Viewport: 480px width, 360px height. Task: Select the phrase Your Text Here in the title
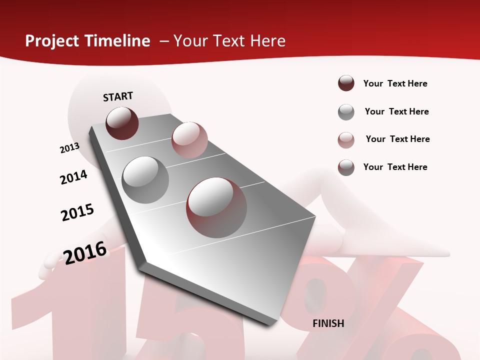[229, 41]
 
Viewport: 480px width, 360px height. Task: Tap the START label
[118, 96]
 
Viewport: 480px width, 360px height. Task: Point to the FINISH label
[328, 323]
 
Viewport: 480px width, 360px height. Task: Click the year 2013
[69, 148]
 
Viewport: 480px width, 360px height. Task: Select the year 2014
[73, 177]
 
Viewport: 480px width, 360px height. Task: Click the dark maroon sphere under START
[122, 123]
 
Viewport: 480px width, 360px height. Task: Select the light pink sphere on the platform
[189, 139]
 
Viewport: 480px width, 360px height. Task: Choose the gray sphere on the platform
[145, 179]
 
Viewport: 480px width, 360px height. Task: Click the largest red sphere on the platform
[216, 207]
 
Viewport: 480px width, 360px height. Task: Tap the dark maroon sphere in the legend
[346, 83]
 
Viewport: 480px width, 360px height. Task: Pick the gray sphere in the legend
[346, 112]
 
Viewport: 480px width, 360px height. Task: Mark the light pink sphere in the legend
[346, 140]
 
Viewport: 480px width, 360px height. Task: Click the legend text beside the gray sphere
[396, 111]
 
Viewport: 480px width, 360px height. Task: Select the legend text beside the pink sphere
[397, 139]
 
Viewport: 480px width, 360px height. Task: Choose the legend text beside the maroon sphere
[395, 83]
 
